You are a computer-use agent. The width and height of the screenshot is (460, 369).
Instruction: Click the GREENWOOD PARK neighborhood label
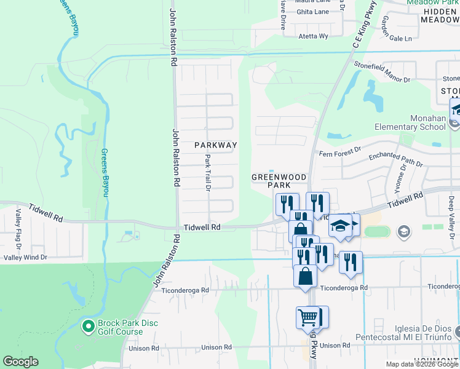[x=279, y=181]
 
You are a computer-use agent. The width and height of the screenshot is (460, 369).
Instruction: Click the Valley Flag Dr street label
[x=18, y=229]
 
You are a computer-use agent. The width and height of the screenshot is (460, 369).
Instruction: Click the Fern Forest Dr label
[x=338, y=153]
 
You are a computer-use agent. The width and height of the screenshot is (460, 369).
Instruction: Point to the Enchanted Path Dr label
[x=396, y=160]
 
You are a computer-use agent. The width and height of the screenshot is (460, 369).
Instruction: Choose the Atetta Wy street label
[x=314, y=36]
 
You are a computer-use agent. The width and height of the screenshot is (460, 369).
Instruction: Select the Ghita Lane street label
[x=313, y=12]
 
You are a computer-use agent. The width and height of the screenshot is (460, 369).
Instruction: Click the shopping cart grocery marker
[x=308, y=317]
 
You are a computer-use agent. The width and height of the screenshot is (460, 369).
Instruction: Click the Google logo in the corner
[x=21, y=362]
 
